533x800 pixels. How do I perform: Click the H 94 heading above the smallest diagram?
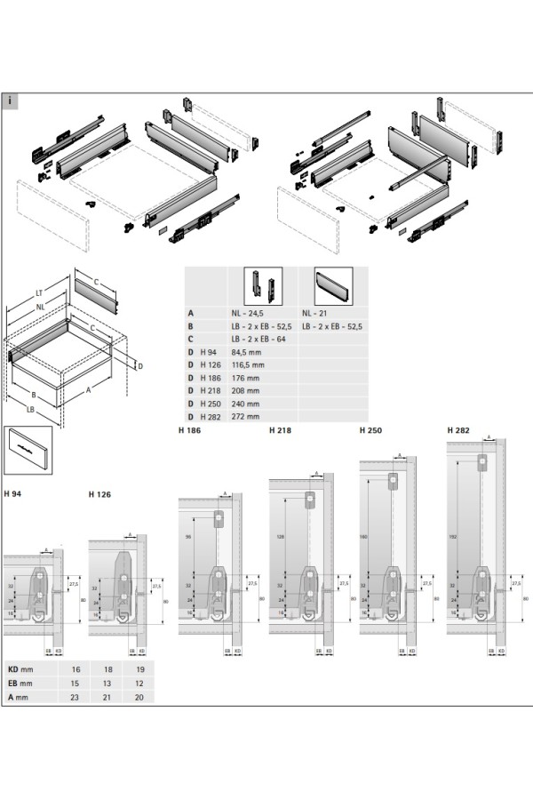[13, 493]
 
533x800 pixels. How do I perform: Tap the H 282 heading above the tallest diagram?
[459, 430]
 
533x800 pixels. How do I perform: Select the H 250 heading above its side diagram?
[370, 430]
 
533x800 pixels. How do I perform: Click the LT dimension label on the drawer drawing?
[39, 292]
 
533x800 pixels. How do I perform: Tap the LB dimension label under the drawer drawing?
[30, 409]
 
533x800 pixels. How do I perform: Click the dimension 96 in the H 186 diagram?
[188, 537]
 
